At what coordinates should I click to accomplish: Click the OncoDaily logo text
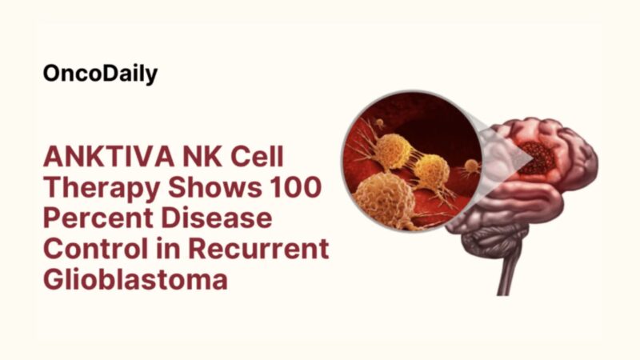click(x=100, y=74)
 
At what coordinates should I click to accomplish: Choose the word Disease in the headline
click(x=211, y=218)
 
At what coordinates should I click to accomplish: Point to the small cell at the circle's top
click(x=380, y=123)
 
